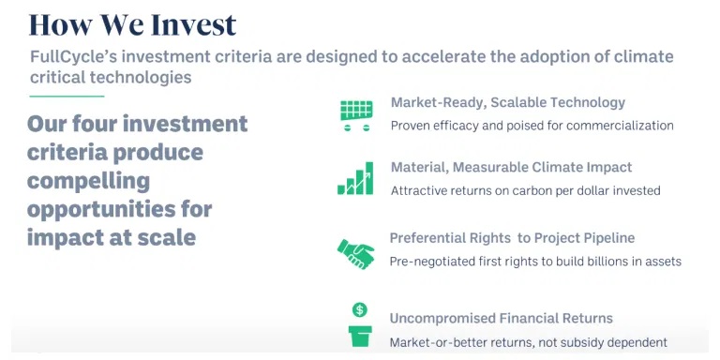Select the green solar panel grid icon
click(356, 115)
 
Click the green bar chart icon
click(355, 178)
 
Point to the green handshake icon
click(356, 253)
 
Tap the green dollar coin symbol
click(360, 310)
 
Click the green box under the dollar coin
click(360, 337)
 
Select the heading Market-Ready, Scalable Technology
click(508, 102)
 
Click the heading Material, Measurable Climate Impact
click(511, 167)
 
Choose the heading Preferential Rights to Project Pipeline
click(512, 238)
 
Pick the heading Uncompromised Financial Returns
click(501, 318)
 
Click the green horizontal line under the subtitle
click(67, 97)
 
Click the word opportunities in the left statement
click(98, 210)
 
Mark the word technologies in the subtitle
click(141, 77)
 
